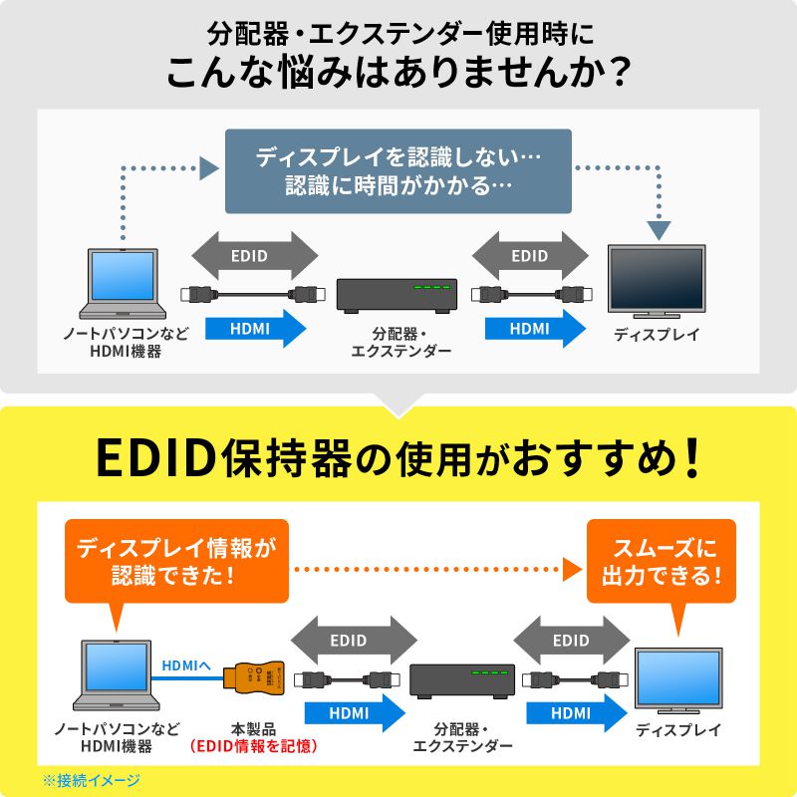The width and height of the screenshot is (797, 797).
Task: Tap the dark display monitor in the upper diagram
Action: click(656, 282)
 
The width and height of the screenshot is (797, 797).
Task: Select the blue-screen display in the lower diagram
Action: click(677, 681)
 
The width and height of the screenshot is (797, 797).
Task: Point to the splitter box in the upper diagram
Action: click(397, 295)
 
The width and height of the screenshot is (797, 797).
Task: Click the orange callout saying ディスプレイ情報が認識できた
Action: click(175, 561)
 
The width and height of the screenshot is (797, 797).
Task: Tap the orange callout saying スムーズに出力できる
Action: click(661, 561)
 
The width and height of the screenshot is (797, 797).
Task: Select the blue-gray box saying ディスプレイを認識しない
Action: click(398, 170)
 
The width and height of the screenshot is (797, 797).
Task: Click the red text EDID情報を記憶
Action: click(253, 745)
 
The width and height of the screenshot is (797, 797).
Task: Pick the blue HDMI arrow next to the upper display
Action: click(535, 328)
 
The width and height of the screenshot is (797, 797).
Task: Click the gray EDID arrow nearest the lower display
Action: click(571, 641)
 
